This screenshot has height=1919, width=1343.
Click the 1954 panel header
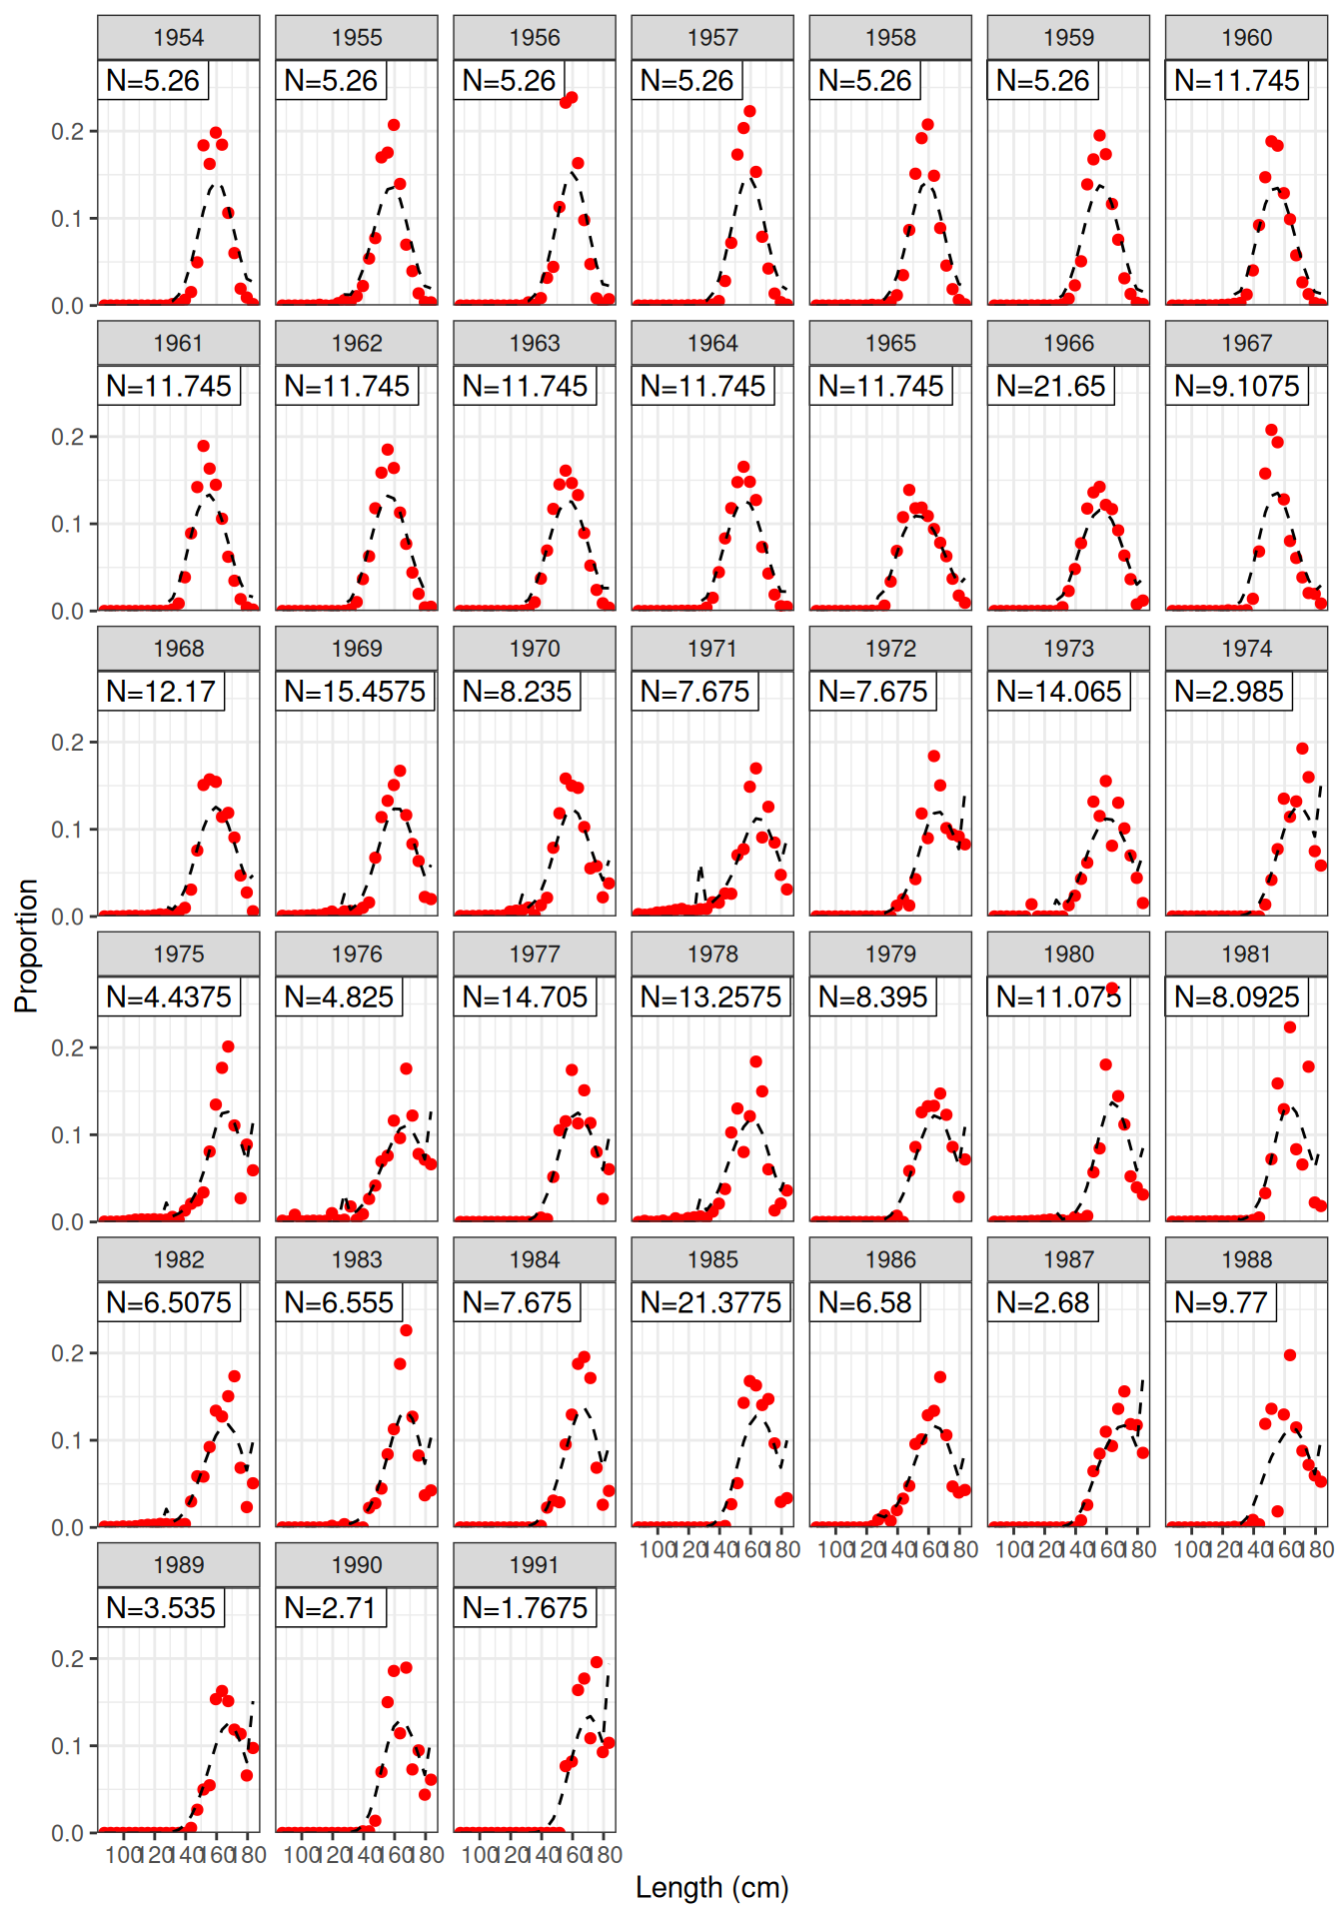tap(178, 38)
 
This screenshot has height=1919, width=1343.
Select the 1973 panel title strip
tap(1068, 649)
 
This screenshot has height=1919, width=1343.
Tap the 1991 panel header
tap(534, 1565)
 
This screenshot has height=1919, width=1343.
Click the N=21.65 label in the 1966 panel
tap(1050, 386)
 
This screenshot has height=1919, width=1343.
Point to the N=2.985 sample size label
tap(1228, 692)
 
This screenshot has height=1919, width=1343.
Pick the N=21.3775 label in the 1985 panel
tap(710, 1302)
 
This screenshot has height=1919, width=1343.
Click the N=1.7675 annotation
tap(525, 1608)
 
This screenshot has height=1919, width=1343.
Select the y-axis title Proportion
tap(26, 946)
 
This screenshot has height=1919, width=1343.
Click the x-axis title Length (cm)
tap(711, 1887)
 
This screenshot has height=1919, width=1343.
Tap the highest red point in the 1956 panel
tap(572, 98)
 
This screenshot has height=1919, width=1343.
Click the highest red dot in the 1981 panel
tap(1290, 1027)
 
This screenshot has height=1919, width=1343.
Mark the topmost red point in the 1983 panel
tap(406, 1330)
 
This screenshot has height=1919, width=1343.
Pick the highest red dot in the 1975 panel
tap(228, 1046)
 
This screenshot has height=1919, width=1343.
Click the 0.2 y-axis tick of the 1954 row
tap(70, 131)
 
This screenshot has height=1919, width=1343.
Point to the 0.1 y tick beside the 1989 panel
tap(70, 1745)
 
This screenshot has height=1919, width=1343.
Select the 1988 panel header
tap(1246, 1259)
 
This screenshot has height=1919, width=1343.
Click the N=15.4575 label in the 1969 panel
tap(355, 692)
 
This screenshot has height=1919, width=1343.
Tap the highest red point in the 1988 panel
tap(1290, 1355)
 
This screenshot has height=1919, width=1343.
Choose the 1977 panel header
tap(534, 955)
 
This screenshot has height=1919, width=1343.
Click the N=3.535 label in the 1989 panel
tap(161, 1608)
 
